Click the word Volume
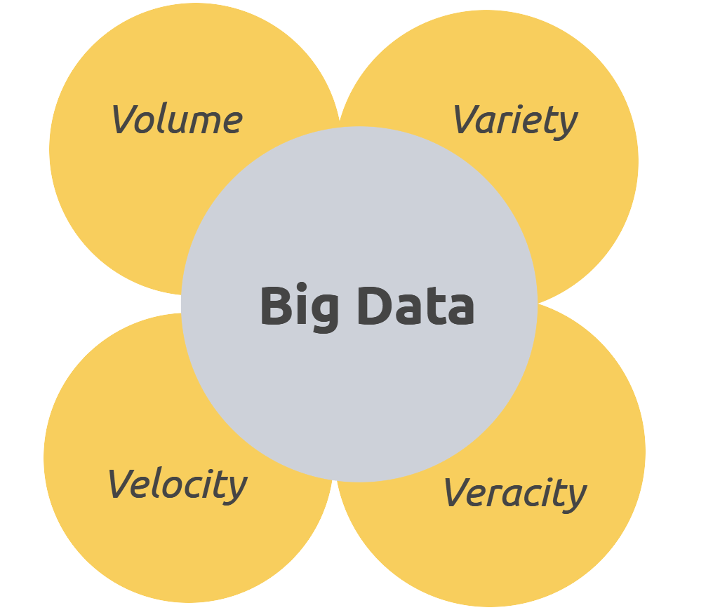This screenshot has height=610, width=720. click(177, 120)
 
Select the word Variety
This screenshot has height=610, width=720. click(515, 121)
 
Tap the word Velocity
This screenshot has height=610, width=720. click(177, 484)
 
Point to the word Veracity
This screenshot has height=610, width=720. click(515, 493)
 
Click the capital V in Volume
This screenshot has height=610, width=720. click(124, 119)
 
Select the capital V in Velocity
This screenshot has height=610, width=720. click(121, 484)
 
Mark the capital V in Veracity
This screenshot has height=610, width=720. click(458, 492)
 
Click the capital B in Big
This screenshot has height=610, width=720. click(275, 306)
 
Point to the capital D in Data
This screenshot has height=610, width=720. click(373, 306)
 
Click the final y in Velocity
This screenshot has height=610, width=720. click(236, 489)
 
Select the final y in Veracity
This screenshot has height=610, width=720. click(575, 497)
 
